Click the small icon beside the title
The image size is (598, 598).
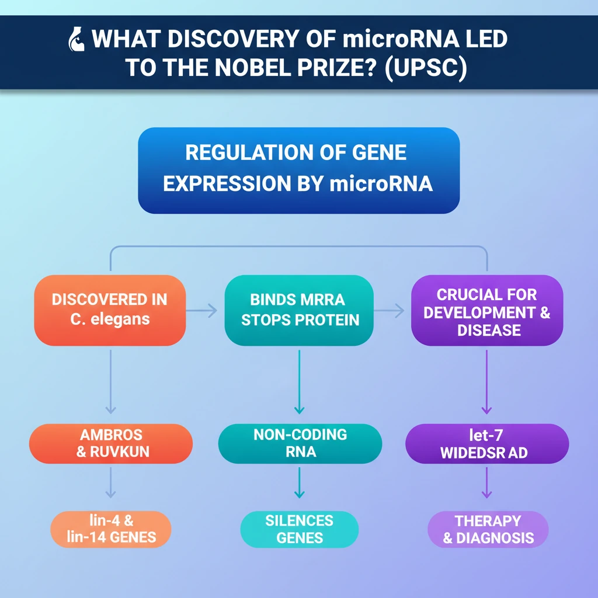click(x=75, y=39)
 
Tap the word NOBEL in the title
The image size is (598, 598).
click(x=244, y=68)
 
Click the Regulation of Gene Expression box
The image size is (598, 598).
click(x=298, y=169)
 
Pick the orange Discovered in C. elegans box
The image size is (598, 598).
click(x=110, y=310)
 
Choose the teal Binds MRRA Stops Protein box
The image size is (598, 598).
click(x=298, y=310)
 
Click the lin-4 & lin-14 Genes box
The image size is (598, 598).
click(x=110, y=529)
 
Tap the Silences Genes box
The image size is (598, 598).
click(x=299, y=529)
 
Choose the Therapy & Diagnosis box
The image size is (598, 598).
click(x=488, y=529)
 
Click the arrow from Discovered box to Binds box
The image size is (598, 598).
click(x=205, y=311)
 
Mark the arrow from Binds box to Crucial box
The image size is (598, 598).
click(x=392, y=311)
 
